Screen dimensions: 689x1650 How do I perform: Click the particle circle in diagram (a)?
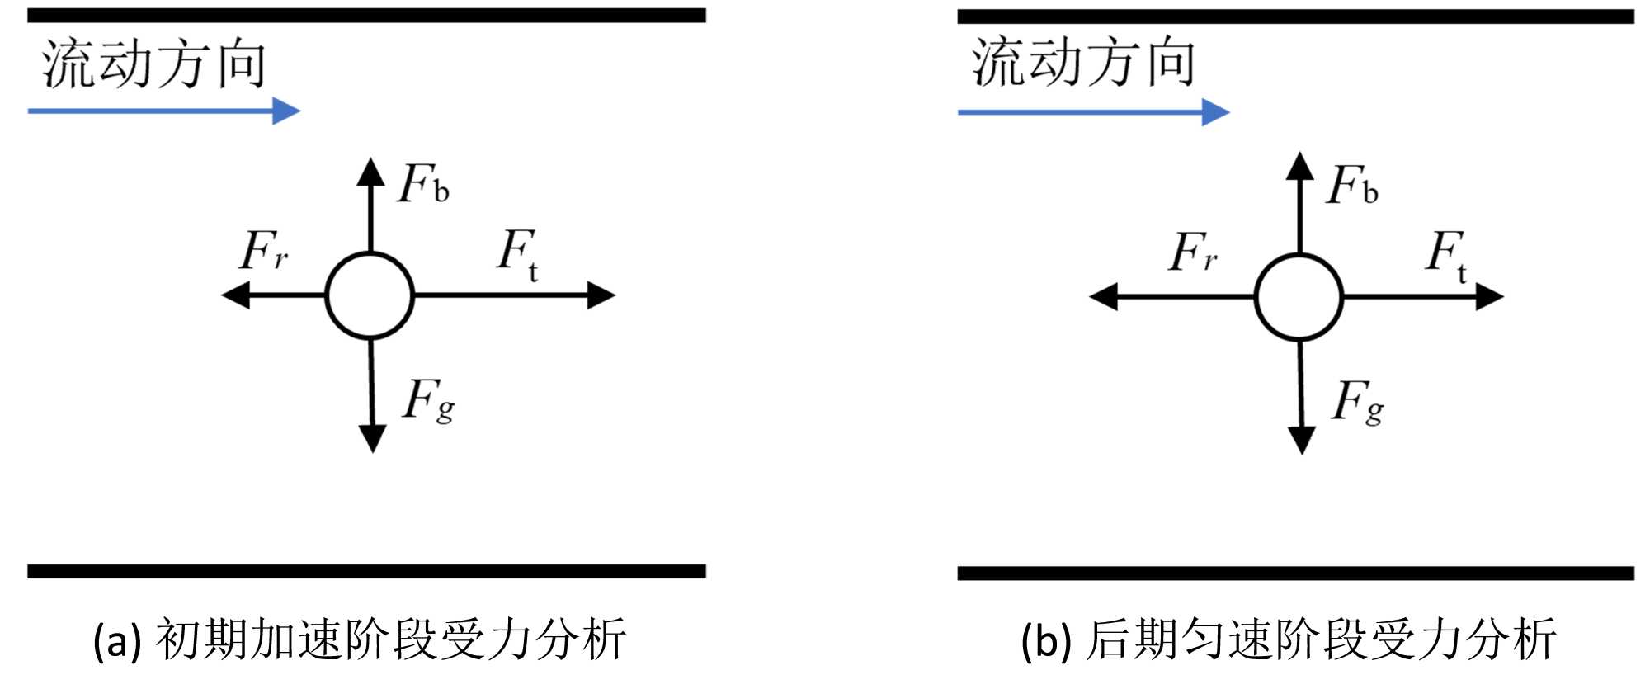pos(370,295)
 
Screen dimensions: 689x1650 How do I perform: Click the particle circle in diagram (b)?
pos(1299,297)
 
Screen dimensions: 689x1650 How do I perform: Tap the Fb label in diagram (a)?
pos(423,184)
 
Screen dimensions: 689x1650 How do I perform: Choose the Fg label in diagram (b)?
pos(1358,402)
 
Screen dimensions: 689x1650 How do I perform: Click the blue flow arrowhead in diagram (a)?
pos(286,111)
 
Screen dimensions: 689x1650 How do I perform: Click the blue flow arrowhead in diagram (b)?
pos(1215,112)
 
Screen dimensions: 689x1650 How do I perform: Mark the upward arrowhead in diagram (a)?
pos(370,171)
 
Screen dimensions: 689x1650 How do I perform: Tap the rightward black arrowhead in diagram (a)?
pos(601,295)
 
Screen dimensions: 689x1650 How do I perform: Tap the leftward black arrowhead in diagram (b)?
pos(1104,297)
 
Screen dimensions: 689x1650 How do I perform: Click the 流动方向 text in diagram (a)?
pos(154,64)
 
